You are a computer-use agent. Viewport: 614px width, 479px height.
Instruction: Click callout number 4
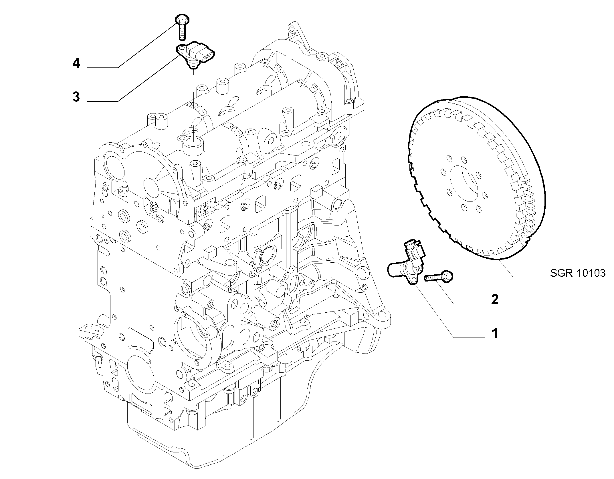[x=76, y=63]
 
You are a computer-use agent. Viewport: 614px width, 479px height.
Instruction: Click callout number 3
[x=76, y=97]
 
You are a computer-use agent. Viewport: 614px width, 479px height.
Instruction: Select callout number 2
[x=495, y=299]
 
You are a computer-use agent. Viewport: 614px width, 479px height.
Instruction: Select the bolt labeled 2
[x=439, y=277]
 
